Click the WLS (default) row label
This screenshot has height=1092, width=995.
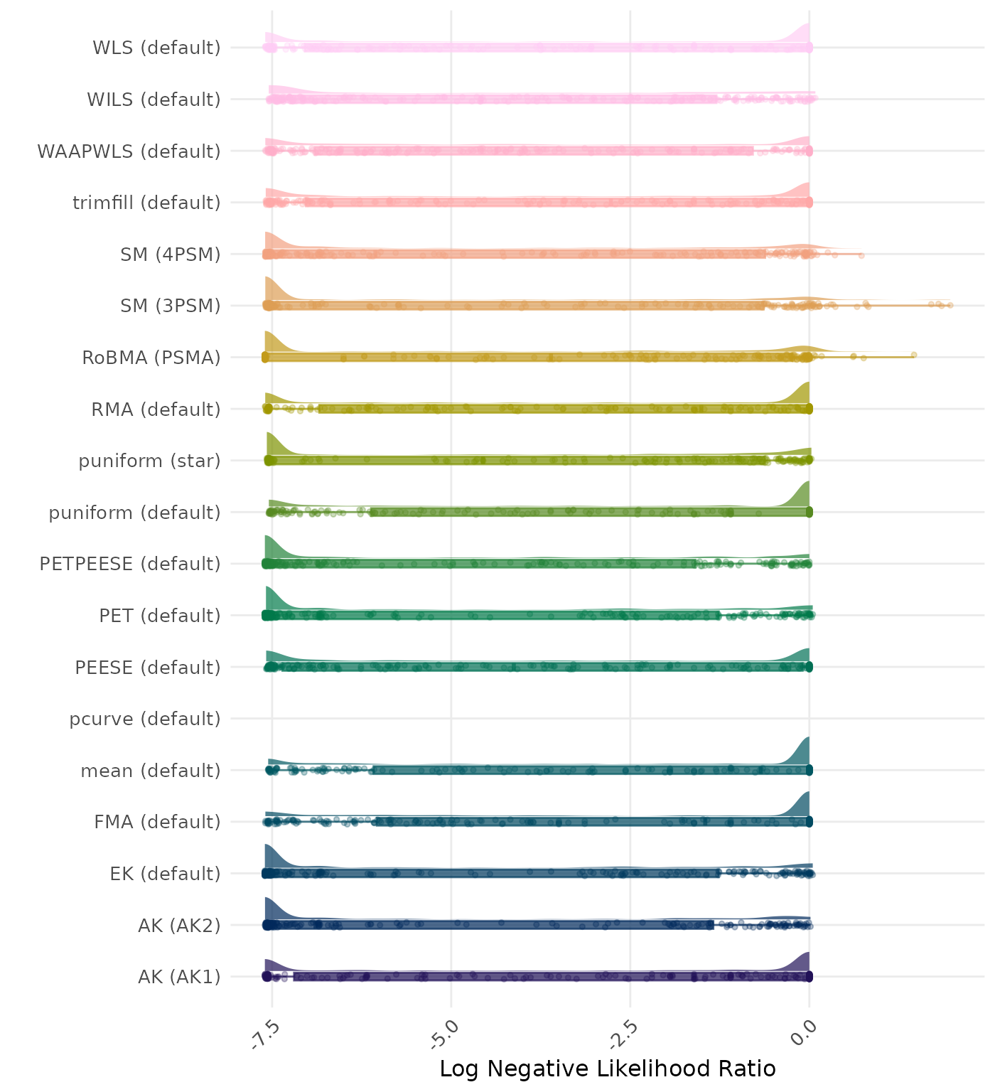[x=156, y=48]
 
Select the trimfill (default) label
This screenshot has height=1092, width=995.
[x=146, y=203]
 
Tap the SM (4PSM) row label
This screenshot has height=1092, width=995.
[x=171, y=255]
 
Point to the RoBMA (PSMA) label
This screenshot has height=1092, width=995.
[x=151, y=358]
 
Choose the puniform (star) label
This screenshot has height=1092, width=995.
[x=149, y=461]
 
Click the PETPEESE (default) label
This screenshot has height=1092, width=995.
[x=130, y=564]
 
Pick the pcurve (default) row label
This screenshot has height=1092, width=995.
[x=145, y=719]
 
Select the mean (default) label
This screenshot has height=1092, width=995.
[x=151, y=771]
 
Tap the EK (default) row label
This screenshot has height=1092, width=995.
[x=166, y=873]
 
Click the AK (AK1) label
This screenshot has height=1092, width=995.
[x=179, y=977]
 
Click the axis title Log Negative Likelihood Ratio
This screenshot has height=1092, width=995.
[x=608, y=1069]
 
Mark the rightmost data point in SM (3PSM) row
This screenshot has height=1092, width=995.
[x=950, y=305]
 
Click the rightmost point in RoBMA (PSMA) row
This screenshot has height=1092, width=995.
[x=914, y=355]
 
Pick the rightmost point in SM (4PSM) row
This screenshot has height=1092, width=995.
[x=861, y=255]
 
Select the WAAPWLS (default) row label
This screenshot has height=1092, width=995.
[x=129, y=151]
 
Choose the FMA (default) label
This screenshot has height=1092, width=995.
[x=157, y=822]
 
